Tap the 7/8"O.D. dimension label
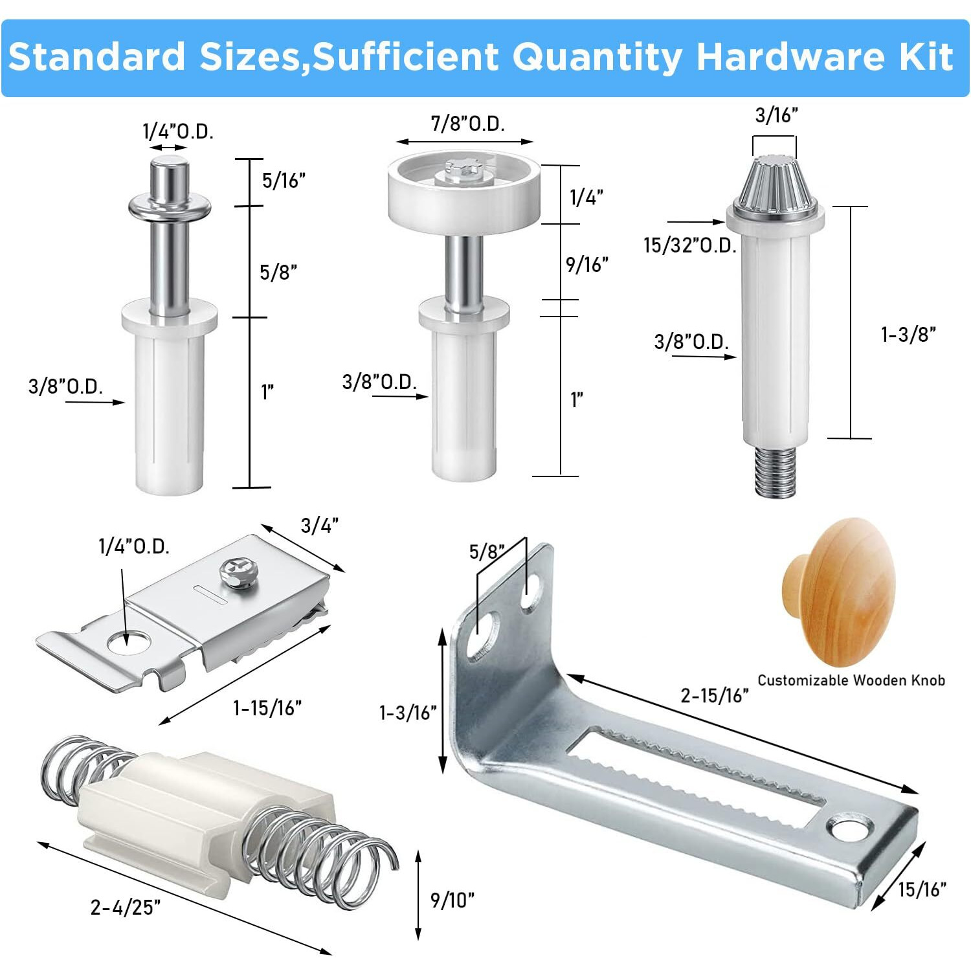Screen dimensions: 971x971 [x=467, y=123]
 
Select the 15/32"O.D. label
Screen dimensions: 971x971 [x=689, y=245]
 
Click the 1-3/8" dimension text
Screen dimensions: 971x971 [x=908, y=335]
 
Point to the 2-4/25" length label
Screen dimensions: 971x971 [x=126, y=907]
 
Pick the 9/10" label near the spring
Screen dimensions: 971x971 [x=452, y=899]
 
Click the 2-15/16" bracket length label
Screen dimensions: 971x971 [x=714, y=695]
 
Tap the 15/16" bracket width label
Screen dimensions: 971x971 [x=921, y=889]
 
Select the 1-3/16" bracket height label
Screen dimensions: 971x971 [x=408, y=713]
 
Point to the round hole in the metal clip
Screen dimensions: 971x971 [x=128, y=642]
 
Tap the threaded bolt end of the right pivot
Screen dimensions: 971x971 [x=775, y=472]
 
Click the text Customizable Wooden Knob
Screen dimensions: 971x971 [x=851, y=680]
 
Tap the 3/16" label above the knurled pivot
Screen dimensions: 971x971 [x=776, y=115]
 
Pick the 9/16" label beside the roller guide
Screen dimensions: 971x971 [x=586, y=264]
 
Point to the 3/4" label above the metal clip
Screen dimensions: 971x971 [x=320, y=526]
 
